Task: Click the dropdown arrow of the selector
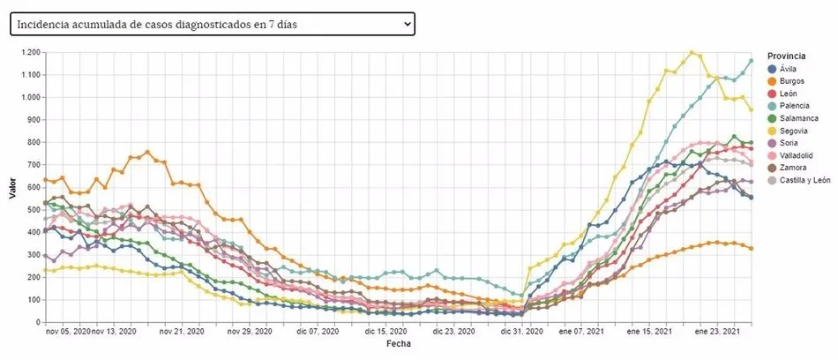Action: click(x=407, y=25)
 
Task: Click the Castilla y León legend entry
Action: click(x=798, y=180)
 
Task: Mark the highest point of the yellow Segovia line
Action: click(x=692, y=52)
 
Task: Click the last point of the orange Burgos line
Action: click(x=751, y=248)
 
